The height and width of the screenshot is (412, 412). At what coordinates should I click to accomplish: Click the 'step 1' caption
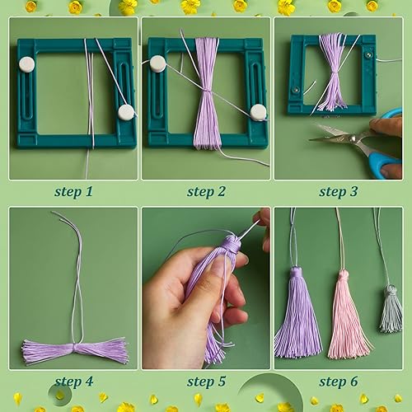pyautogui.click(x=73, y=191)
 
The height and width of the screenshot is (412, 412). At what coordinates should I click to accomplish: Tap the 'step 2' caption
pyautogui.click(x=206, y=191)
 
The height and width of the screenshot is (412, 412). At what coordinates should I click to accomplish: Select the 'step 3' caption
pyautogui.click(x=339, y=191)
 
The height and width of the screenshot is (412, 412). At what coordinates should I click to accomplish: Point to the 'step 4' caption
pyautogui.click(x=74, y=382)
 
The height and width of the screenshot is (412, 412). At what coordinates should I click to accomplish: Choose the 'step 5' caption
pyautogui.click(x=206, y=382)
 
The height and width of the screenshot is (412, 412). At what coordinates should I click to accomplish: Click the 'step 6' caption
pyautogui.click(x=339, y=382)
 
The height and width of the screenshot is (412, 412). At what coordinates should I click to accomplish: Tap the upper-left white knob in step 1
pyautogui.click(x=27, y=64)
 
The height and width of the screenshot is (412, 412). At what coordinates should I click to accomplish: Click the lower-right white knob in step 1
pyautogui.click(x=126, y=112)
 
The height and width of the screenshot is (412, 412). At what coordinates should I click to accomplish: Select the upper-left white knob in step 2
pyautogui.click(x=157, y=63)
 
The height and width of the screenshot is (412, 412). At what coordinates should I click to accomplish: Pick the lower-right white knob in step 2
pyautogui.click(x=258, y=112)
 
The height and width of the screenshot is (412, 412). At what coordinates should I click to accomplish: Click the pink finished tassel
pyautogui.click(x=348, y=316)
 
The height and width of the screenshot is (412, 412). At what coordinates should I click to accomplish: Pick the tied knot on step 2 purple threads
pyautogui.click(x=207, y=90)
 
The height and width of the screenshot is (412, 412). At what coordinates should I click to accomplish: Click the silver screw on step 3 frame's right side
pyautogui.click(x=368, y=54)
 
